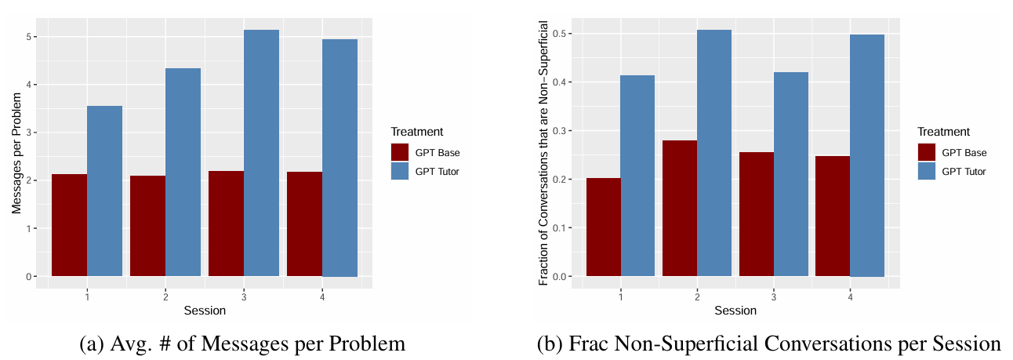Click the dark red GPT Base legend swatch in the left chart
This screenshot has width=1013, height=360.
point(400,152)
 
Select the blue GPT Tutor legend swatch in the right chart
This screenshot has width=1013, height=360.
point(926,171)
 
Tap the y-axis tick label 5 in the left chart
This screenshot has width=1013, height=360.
point(29,37)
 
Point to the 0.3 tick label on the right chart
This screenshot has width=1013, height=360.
point(562,131)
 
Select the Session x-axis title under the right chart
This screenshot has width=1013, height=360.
point(735,311)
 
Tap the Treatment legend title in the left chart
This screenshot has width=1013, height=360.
point(416,132)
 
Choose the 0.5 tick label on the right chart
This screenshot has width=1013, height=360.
point(562,34)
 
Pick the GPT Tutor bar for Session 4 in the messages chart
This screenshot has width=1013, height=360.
point(339,158)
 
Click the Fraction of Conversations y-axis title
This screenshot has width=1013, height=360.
point(543,153)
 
